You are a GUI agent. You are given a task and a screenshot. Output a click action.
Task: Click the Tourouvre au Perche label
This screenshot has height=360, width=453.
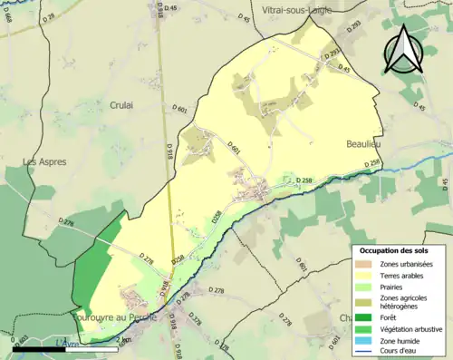click(x=114, y=317)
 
